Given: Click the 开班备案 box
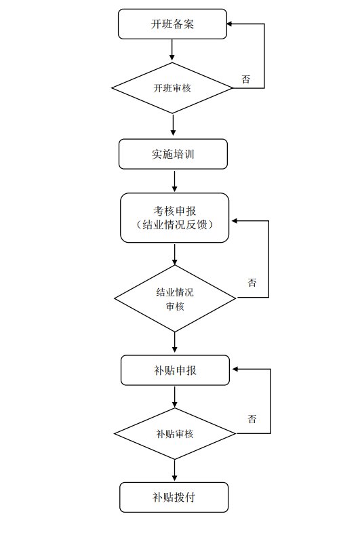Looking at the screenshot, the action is [x=172, y=24].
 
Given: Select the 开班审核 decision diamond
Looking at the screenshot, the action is [x=172, y=88].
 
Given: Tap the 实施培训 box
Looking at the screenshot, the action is [x=173, y=154].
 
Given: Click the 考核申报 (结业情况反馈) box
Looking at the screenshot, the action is [x=174, y=218].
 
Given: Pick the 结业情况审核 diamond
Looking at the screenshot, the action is [x=175, y=298].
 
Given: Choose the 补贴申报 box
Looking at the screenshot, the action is [x=175, y=370].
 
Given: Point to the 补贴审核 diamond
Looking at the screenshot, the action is [x=175, y=434].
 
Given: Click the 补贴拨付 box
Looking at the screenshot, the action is [x=174, y=497].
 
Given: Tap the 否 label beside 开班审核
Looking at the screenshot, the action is [x=245, y=79].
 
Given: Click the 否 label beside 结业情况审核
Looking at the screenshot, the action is [x=252, y=283].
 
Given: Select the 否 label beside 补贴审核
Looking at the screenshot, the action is [x=252, y=418].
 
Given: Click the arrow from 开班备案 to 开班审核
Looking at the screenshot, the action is [x=172, y=49].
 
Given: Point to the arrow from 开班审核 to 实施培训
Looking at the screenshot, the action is [x=173, y=125].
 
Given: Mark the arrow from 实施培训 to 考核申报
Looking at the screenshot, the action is [x=174, y=181].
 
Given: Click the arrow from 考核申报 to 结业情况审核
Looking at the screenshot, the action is [x=175, y=254].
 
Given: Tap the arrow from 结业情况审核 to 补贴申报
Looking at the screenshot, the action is [x=175, y=342].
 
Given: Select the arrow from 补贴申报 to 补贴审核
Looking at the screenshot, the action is [x=175, y=397].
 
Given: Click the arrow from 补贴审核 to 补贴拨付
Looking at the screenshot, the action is [x=175, y=471].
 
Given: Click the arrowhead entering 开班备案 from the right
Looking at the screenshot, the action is [x=230, y=24].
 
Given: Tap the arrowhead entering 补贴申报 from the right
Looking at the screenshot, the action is [x=235, y=369].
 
